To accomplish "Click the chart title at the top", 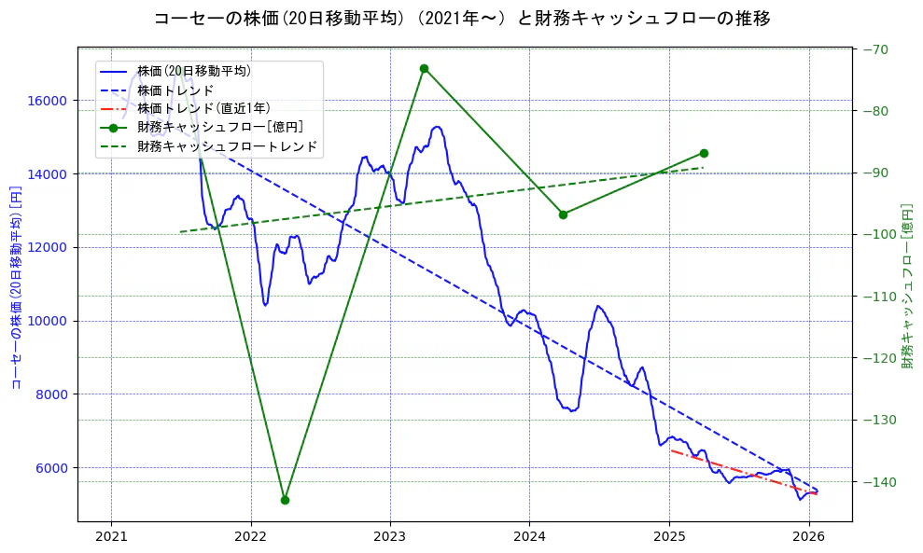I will coord(461,19).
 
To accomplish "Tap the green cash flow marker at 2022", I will coord(285,500).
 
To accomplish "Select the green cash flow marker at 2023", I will coord(424,68).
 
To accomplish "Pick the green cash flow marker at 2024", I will coord(563,214).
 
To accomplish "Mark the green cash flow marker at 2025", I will coord(703,153).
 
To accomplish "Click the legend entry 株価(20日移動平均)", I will coord(193,71).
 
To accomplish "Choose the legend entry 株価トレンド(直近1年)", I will coord(203,108).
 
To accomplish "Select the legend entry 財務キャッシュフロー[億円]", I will coord(219,127).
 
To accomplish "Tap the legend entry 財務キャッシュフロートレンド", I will coord(227,146).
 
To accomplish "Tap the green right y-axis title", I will coord(907,285).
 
